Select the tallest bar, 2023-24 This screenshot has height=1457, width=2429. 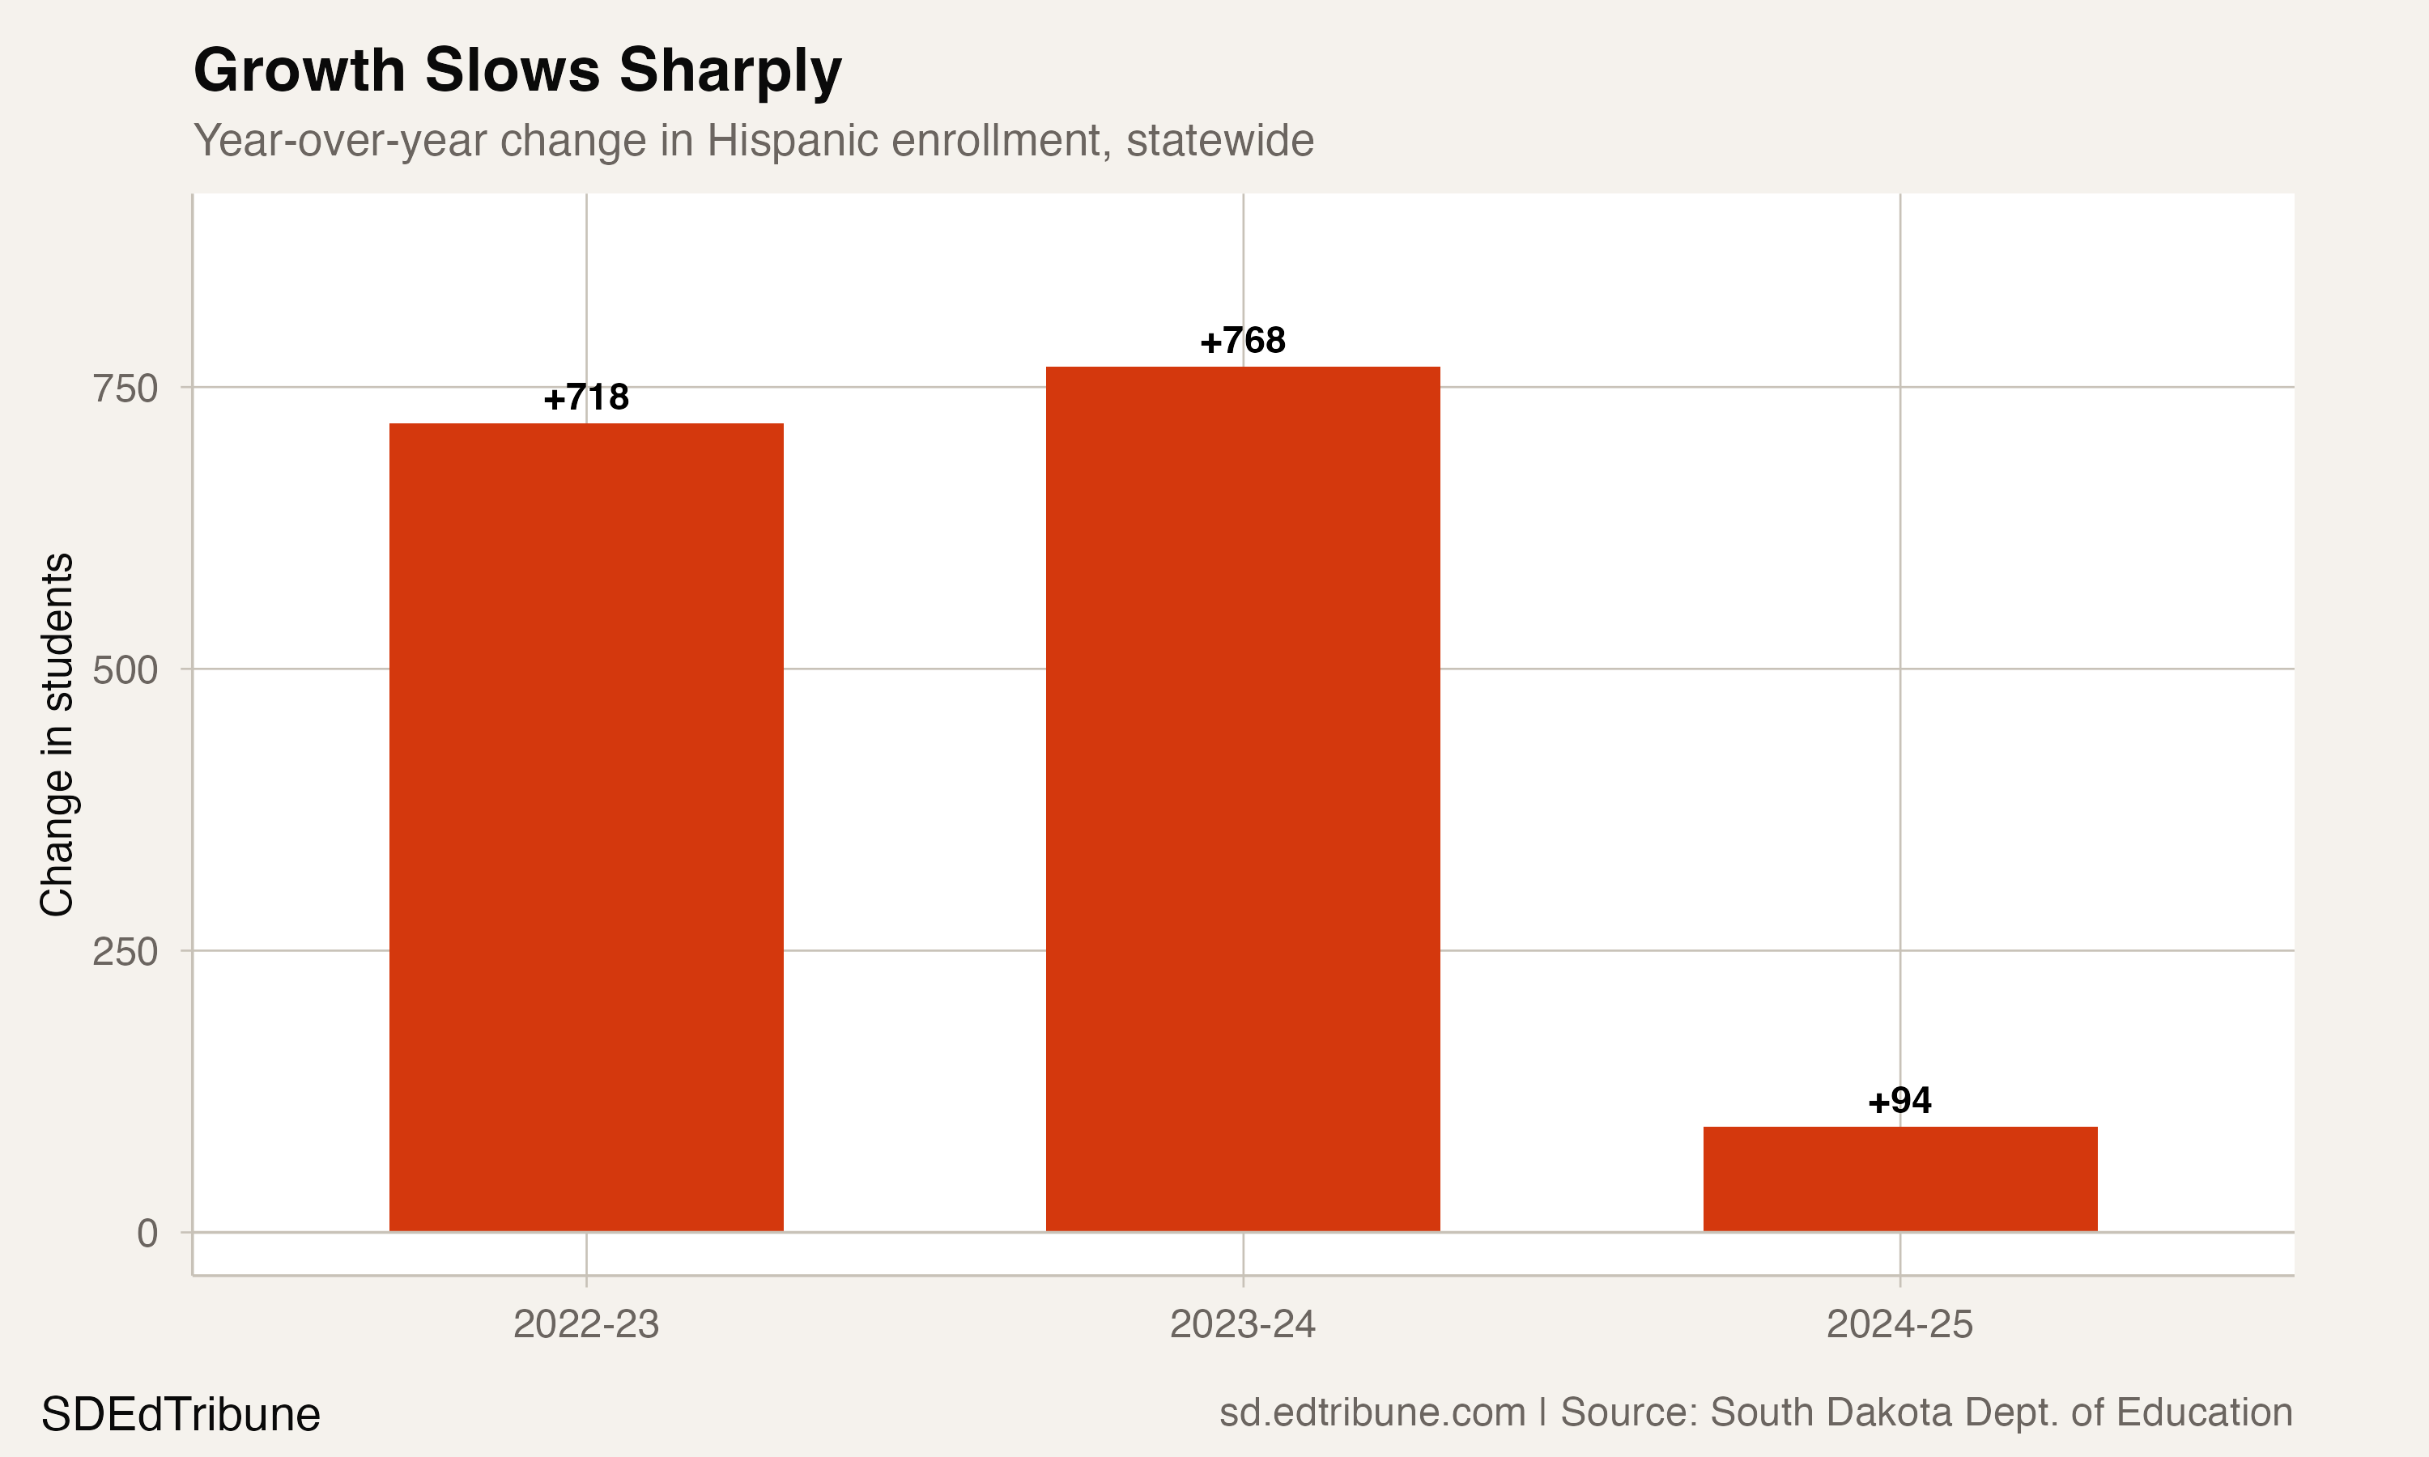(1242, 798)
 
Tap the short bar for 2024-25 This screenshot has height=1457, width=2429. (1899, 1179)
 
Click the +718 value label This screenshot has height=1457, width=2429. (586, 397)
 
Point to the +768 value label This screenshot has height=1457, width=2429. (1242, 341)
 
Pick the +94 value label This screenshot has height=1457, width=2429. (1899, 1101)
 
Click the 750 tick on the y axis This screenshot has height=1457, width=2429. (125, 389)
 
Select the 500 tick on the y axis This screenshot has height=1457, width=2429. (125, 670)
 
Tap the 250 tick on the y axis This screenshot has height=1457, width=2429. (125, 951)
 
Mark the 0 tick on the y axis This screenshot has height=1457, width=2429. (147, 1233)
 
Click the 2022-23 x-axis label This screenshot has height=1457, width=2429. (586, 1324)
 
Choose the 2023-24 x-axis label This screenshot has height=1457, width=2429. (1242, 1324)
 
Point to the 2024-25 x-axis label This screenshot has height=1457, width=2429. (1899, 1324)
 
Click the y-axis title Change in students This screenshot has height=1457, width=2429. (57, 734)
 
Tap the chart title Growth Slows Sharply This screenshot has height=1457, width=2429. (517, 70)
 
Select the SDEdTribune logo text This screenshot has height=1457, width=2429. (181, 1415)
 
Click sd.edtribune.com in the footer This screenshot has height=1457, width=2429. (1372, 1412)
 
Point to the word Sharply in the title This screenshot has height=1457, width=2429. (730, 70)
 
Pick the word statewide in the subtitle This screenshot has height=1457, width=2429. (1219, 140)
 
